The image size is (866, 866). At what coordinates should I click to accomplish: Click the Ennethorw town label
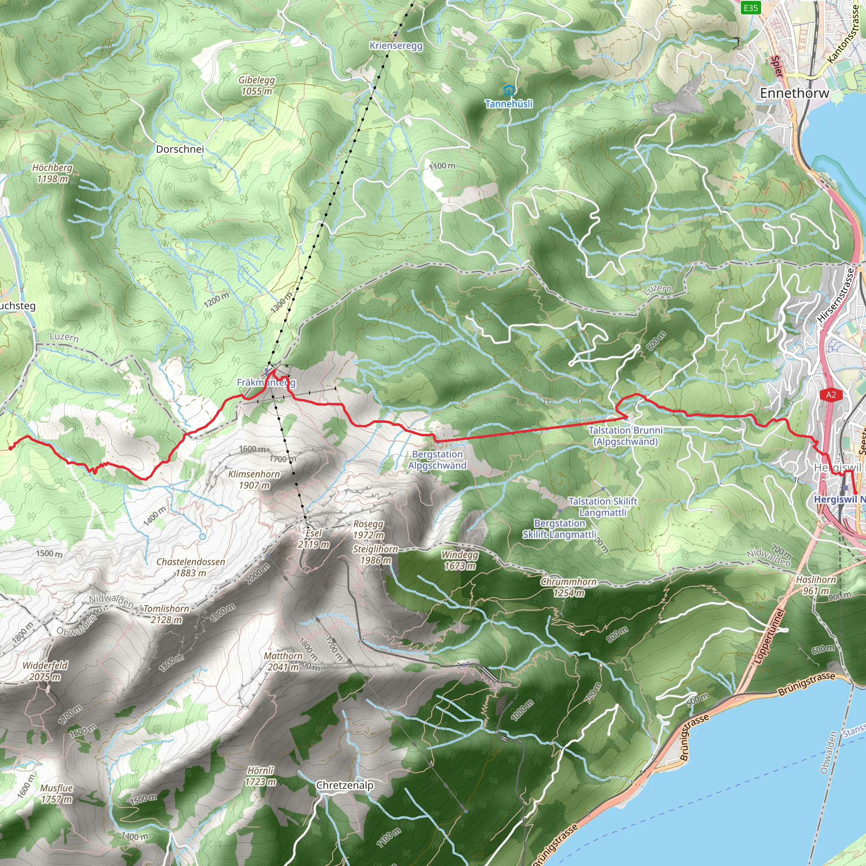coord(794,93)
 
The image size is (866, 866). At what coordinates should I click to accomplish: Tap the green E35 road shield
coord(751,8)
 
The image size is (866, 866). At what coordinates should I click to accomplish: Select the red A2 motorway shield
coord(831,395)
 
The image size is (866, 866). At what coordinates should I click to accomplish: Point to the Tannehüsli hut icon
coord(508,91)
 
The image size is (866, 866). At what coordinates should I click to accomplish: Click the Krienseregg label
coord(396,46)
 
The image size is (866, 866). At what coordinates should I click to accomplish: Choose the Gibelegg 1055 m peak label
coord(256,85)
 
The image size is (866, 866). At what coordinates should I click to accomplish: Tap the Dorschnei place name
coord(180,149)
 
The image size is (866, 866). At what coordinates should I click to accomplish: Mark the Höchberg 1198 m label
coord(52,173)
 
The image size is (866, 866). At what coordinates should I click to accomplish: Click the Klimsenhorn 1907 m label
coord(254,480)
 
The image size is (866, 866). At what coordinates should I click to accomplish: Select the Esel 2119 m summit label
coord(313,538)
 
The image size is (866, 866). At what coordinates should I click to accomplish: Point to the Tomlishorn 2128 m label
coord(166,614)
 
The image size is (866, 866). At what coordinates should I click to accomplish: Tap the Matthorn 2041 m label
coord(283,661)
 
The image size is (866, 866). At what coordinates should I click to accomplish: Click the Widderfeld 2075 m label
coord(45,671)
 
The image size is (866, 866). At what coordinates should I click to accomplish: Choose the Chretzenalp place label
coord(345,785)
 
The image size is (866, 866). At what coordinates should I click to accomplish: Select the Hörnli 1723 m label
coord(260,776)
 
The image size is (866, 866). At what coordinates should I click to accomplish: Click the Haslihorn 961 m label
coord(816,585)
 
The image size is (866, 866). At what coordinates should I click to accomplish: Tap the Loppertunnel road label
coord(769,636)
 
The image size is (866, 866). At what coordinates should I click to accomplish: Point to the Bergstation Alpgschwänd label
coord(437,460)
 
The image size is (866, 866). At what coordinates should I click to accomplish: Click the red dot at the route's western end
coord(11,448)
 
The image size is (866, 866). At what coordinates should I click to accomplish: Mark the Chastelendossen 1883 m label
coord(191,567)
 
